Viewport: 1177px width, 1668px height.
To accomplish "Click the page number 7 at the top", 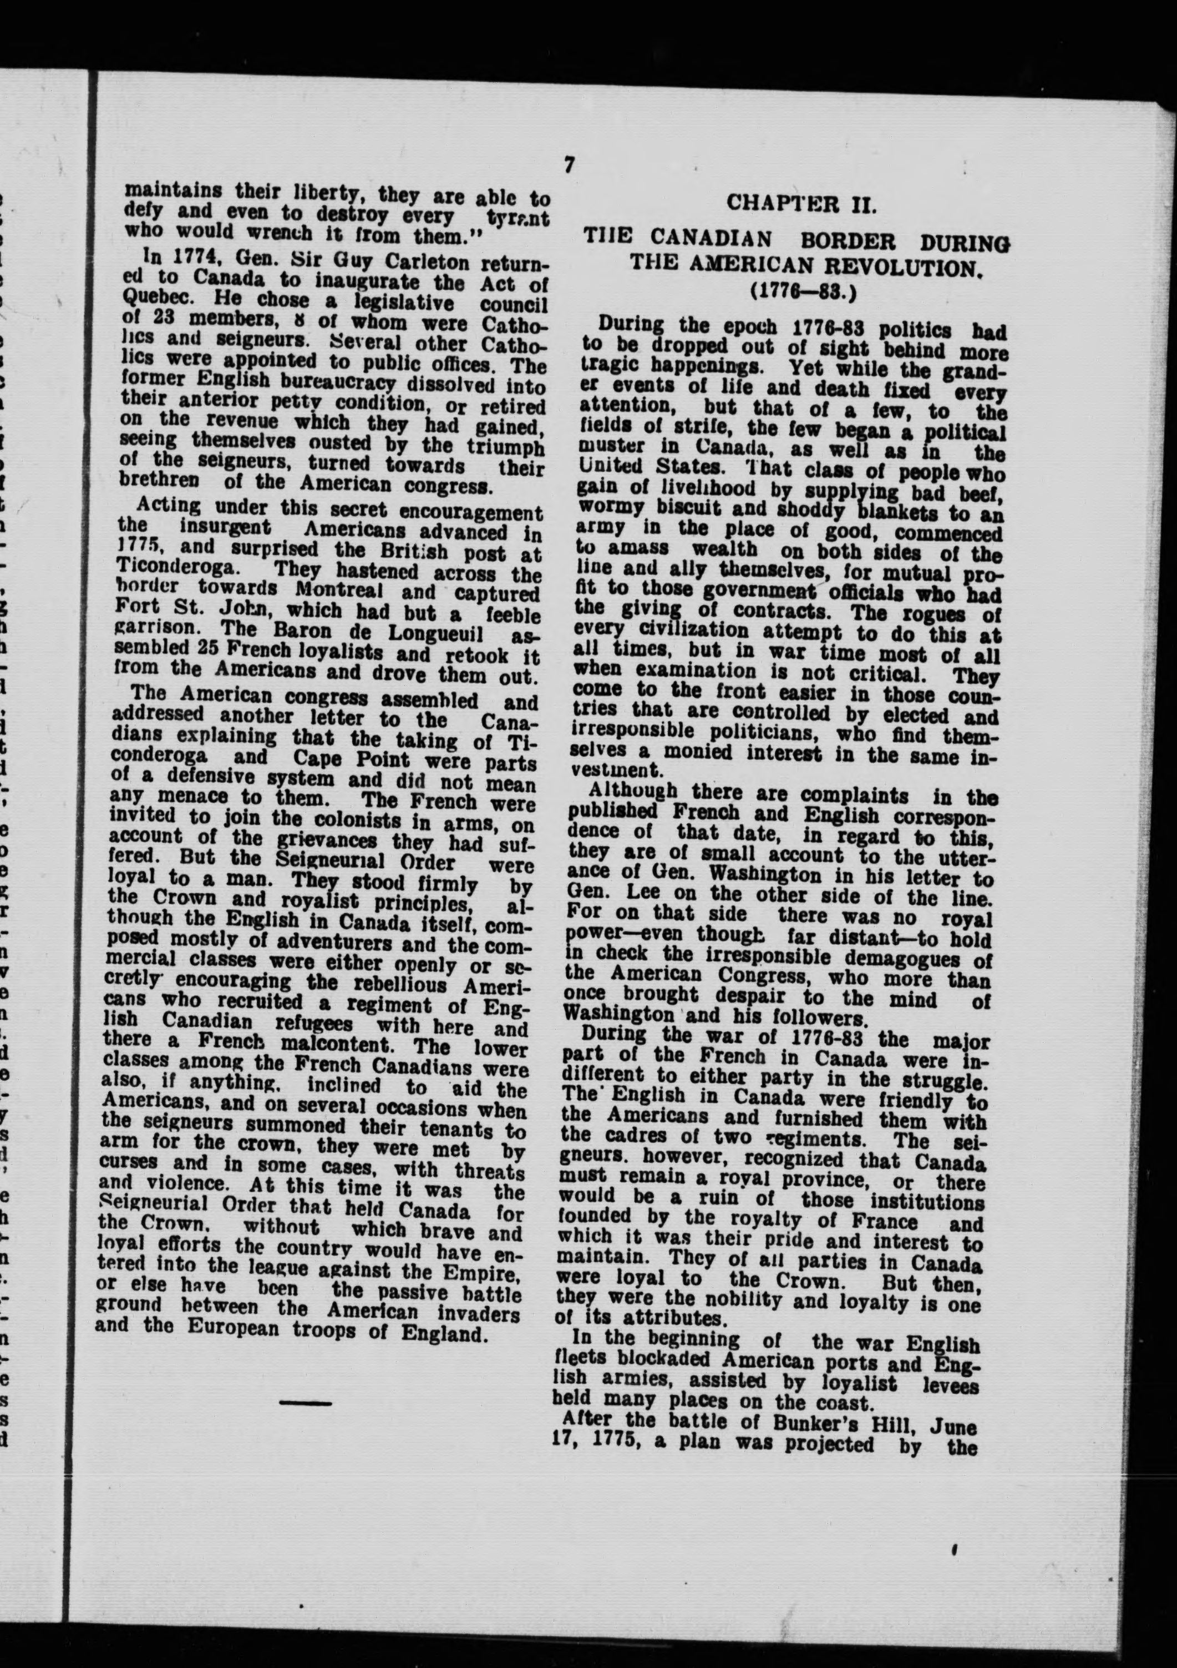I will coord(569,165).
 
